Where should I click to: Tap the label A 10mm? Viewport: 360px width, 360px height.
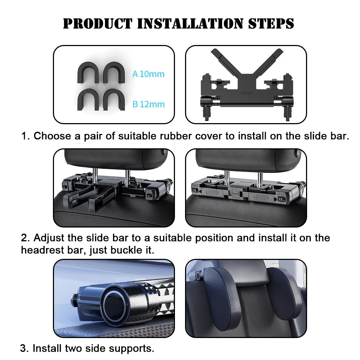[x=148, y=74]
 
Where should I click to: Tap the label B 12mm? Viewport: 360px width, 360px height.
[x=148, y=104]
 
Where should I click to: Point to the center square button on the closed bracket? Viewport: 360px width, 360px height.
[x=236, y=192]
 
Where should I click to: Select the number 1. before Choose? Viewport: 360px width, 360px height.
[x=25, y=136]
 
